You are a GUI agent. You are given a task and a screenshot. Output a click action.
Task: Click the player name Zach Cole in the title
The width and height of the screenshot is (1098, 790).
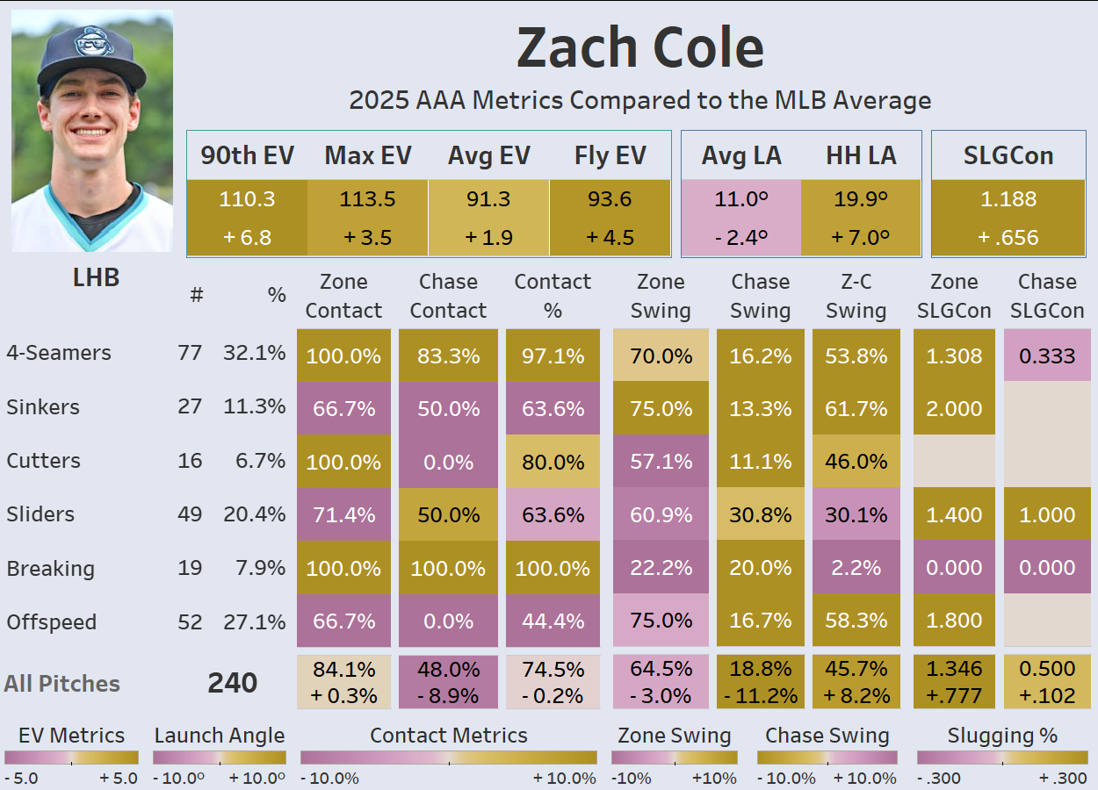(x=639, y=47)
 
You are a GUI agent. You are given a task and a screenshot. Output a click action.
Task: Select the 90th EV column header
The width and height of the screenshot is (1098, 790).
(x=247, y=155)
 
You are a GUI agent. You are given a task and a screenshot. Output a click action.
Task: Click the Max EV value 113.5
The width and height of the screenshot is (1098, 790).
(x=367, y=199)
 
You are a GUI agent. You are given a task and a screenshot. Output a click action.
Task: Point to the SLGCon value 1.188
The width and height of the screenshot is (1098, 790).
(x=1008, y=199)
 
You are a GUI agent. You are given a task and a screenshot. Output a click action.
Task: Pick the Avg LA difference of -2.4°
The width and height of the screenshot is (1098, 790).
(x=740, y=237)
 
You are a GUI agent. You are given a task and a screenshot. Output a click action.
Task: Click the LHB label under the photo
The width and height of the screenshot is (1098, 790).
(x=95, y=278)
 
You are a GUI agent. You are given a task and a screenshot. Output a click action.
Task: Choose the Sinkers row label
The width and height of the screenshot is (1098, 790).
(x=42, y=407)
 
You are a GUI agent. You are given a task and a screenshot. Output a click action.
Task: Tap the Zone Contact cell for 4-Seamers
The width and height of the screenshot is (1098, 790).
(x=343, y=355)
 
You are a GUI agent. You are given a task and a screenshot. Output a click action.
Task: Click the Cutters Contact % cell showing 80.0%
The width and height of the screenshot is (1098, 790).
(x=553, y=462)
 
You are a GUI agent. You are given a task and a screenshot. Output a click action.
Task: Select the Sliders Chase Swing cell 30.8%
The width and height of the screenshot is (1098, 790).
(x=760, y=515)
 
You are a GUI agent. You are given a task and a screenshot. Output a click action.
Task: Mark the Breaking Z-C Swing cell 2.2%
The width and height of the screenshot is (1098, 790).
(x=856, y=568)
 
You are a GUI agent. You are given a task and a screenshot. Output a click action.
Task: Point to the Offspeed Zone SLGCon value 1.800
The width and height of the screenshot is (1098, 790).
(x=954, y=621)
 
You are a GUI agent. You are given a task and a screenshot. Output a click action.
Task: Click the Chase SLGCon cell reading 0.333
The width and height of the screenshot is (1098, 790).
(x=1047, y=355)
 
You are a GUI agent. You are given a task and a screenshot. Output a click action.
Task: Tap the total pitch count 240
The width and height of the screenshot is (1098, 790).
(x=232, y=683)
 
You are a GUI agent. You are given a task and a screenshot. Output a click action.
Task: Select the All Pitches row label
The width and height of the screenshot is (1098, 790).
(x=61, y=684)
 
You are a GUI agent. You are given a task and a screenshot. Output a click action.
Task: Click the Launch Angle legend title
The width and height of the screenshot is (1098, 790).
(x=219, y=736)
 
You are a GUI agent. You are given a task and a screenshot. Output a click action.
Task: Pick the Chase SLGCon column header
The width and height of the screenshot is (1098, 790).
(x=1047, y=296)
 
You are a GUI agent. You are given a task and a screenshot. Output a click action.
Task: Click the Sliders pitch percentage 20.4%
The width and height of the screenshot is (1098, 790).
(x=254, y=514)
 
